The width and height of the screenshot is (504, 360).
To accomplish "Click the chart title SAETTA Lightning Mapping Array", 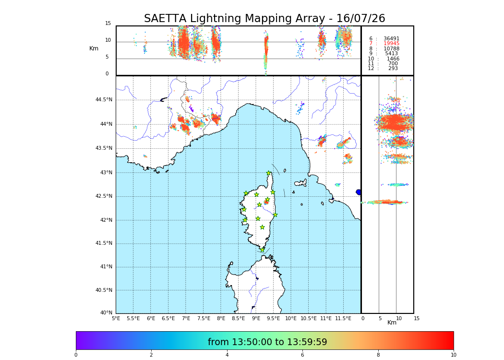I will tap(264, 19).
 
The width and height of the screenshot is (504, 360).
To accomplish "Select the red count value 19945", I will tap(391, 44).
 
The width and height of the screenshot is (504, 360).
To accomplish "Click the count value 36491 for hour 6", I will tap(391, 39).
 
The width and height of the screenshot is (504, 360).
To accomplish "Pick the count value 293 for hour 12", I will tap(393, 69).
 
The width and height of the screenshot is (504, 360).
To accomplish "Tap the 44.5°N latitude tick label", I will tap(104, 100).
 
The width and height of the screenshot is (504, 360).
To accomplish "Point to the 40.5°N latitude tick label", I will tap(104, 290).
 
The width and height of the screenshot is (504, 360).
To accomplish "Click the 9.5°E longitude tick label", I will tap(274, 318).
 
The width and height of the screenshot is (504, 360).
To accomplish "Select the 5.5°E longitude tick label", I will tap(133, 318).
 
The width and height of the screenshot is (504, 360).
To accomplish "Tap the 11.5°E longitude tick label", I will tap(343, 318).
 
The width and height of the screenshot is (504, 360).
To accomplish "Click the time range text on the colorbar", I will tap(267, 342).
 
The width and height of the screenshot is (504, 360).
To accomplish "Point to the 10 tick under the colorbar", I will tap(453, 355).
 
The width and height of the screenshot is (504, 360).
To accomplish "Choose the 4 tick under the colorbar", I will tap(227, 355).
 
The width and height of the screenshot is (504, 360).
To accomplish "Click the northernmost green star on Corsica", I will tap(269, 173).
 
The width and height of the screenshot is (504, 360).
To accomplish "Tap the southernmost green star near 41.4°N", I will tap(262, 250).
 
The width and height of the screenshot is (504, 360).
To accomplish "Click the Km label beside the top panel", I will tap(94, 48).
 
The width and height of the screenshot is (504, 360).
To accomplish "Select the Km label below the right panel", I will tap(392, 323).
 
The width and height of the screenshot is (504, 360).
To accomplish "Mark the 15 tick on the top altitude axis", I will tap(108, 24).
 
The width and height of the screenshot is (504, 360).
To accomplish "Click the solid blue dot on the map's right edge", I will tap(359, 192).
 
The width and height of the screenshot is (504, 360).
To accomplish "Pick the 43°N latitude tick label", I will tap(106, 173).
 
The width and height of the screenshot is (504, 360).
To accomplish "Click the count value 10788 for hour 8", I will tap(391, 49).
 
